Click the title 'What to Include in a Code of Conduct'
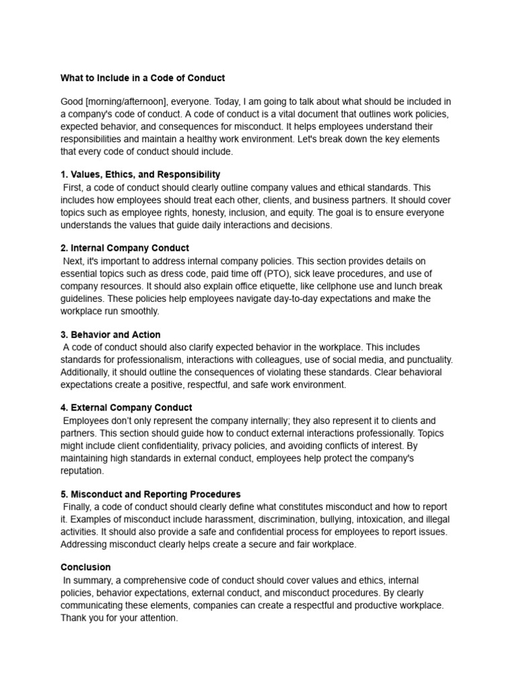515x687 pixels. click(x=143, y=78)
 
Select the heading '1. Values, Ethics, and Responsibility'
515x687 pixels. click(x=140, y=174)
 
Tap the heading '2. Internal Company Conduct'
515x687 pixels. click(x=125, y=248)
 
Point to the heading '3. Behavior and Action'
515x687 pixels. click(x=111, y=334)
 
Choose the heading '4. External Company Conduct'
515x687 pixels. click(x=126, y=408)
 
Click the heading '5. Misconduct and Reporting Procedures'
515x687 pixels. click(x=150, y=494)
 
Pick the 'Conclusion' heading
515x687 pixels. click(x=86, y=568)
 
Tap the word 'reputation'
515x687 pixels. click(x=82, y=470)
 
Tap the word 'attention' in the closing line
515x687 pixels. click(x=157, y=617)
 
